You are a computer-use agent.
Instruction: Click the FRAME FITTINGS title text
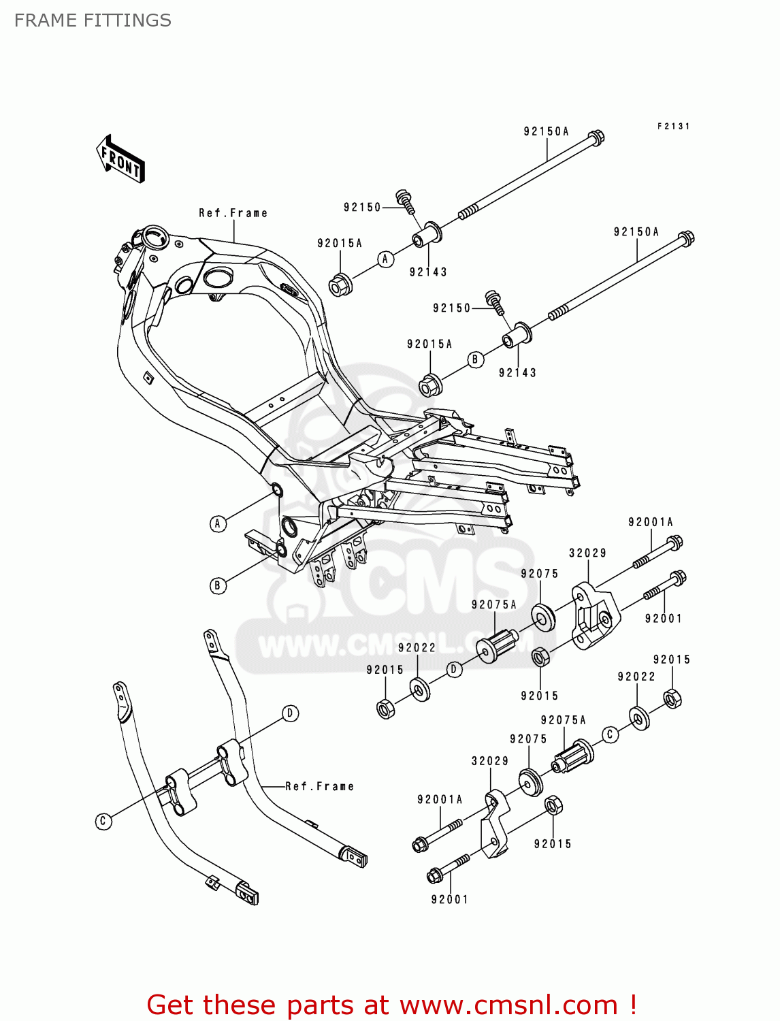tap(93, 20)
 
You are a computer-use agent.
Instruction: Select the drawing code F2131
tap(673, 127)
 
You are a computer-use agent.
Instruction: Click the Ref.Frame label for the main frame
tap(233, 213)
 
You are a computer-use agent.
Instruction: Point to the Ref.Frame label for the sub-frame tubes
tap(319, 786)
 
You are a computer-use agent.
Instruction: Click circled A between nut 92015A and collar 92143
tap(386, 259)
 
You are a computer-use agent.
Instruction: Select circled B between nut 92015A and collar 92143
tap(476, 359)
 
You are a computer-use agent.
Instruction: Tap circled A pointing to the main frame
tap(218, 523)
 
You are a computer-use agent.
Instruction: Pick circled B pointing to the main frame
tap(218, 585)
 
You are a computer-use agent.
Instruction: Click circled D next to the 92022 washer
tap(455, 669)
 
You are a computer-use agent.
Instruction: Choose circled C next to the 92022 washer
tap(611, 734)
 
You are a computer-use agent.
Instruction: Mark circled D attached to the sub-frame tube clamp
tap(291, 713)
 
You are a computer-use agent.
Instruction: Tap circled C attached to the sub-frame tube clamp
tap(103, 821)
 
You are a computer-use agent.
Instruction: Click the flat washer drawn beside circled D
tap(420, 690)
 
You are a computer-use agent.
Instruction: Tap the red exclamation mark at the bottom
tap(633, 1005)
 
